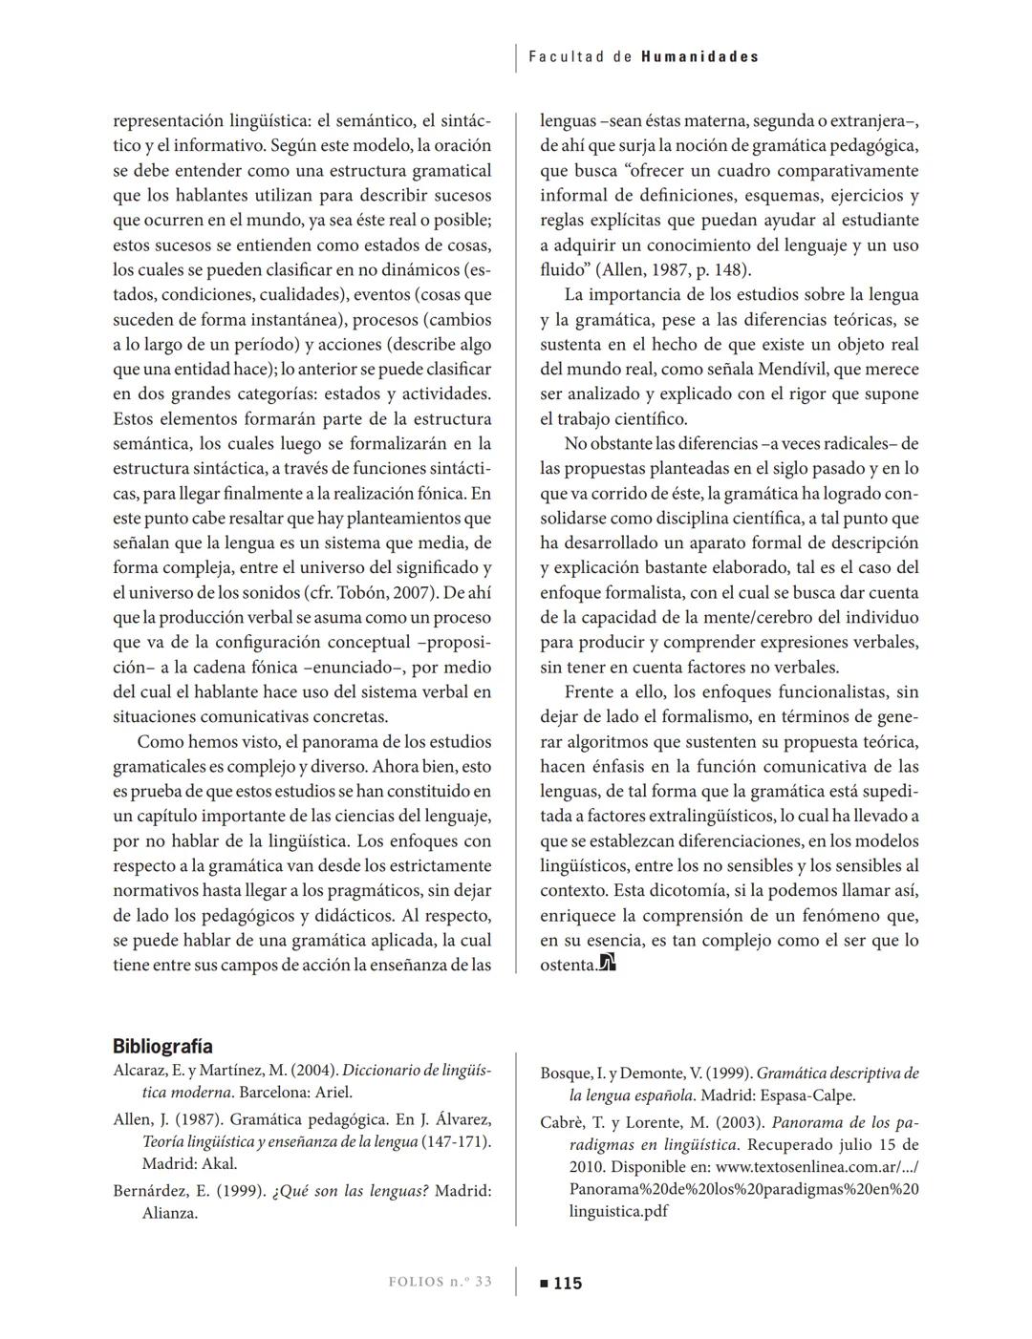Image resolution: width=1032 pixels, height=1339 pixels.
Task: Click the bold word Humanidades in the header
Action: click(699, 56)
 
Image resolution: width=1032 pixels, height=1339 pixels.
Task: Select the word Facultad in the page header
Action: click(567, 56)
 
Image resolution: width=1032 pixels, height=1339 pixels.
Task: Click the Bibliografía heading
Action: click(162, 1046)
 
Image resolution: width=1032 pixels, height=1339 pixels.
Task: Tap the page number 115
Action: click(568, 1283)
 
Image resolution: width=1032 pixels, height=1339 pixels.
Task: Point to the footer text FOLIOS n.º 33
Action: click(441, 1282)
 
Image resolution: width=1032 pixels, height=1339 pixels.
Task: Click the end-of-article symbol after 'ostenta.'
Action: click(608, 964)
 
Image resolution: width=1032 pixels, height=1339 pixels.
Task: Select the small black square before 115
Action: click(544, 1284)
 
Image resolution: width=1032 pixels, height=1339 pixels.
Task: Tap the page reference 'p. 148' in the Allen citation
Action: click(722, 269)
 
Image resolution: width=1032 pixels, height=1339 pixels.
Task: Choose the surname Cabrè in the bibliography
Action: click(565, 1122)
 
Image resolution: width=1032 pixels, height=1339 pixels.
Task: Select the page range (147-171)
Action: click(457, 1141)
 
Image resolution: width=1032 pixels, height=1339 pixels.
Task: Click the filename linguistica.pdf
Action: click(618, 1211)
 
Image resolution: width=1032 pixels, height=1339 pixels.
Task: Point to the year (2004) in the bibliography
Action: click(314, 1071)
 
